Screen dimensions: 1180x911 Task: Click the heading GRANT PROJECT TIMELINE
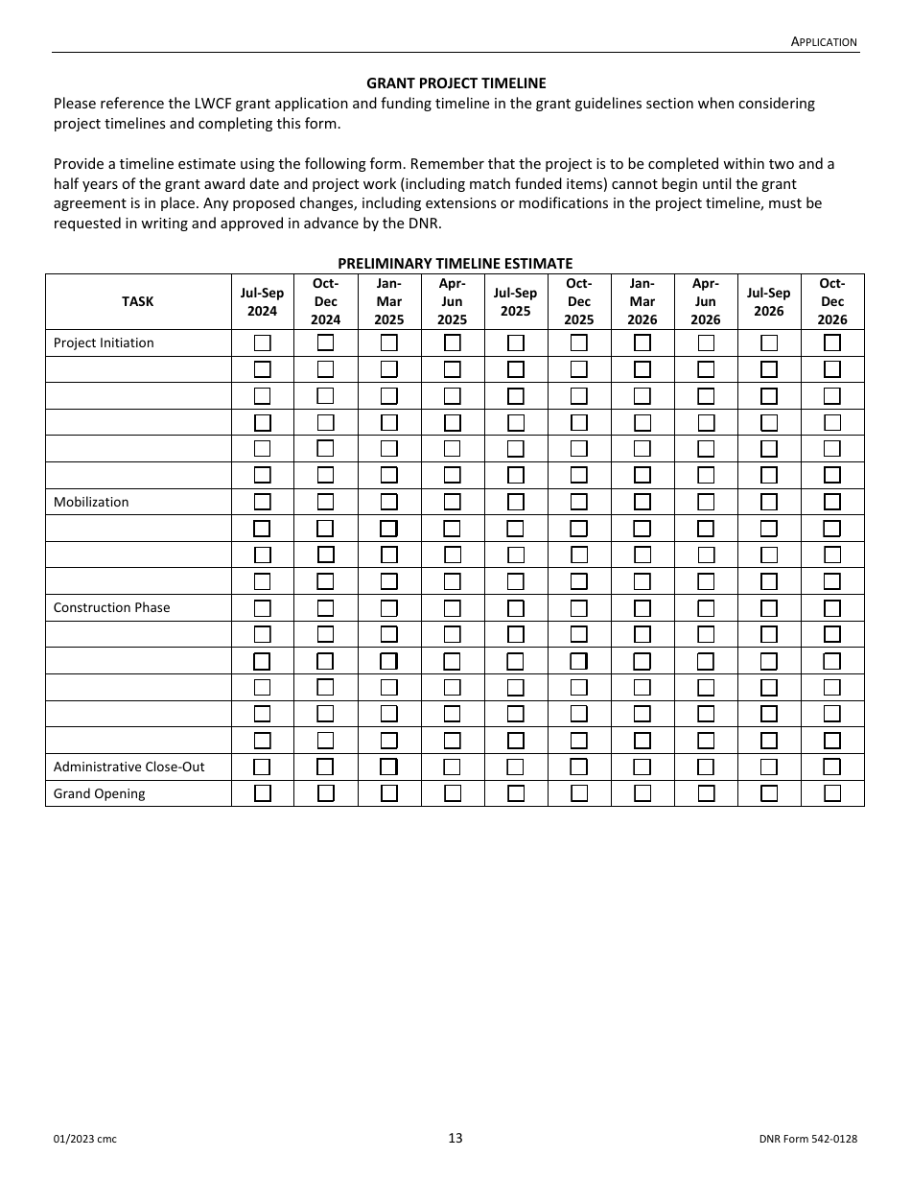455,83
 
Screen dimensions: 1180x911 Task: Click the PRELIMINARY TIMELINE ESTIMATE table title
455,263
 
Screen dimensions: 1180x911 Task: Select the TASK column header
137,301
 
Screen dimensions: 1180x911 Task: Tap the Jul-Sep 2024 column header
262,301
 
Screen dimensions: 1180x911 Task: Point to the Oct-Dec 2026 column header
832,301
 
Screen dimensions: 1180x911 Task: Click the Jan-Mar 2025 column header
388,301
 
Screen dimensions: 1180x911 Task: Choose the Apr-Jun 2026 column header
705,301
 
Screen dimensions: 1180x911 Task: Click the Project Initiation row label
104,342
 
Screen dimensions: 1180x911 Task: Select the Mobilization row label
91,502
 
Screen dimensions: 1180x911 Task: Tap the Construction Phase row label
111,607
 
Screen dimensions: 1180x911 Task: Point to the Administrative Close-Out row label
128,767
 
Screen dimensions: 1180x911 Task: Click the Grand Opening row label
100,793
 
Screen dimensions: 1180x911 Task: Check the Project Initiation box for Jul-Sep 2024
262,342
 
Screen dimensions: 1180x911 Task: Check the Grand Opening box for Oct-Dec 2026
832,793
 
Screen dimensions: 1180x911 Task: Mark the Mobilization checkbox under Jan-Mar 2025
388,502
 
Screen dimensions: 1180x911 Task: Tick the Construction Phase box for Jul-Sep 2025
515,607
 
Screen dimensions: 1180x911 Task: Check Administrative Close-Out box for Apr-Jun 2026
705,767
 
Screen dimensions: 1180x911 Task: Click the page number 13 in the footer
455,1138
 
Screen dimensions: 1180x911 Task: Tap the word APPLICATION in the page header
824,41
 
